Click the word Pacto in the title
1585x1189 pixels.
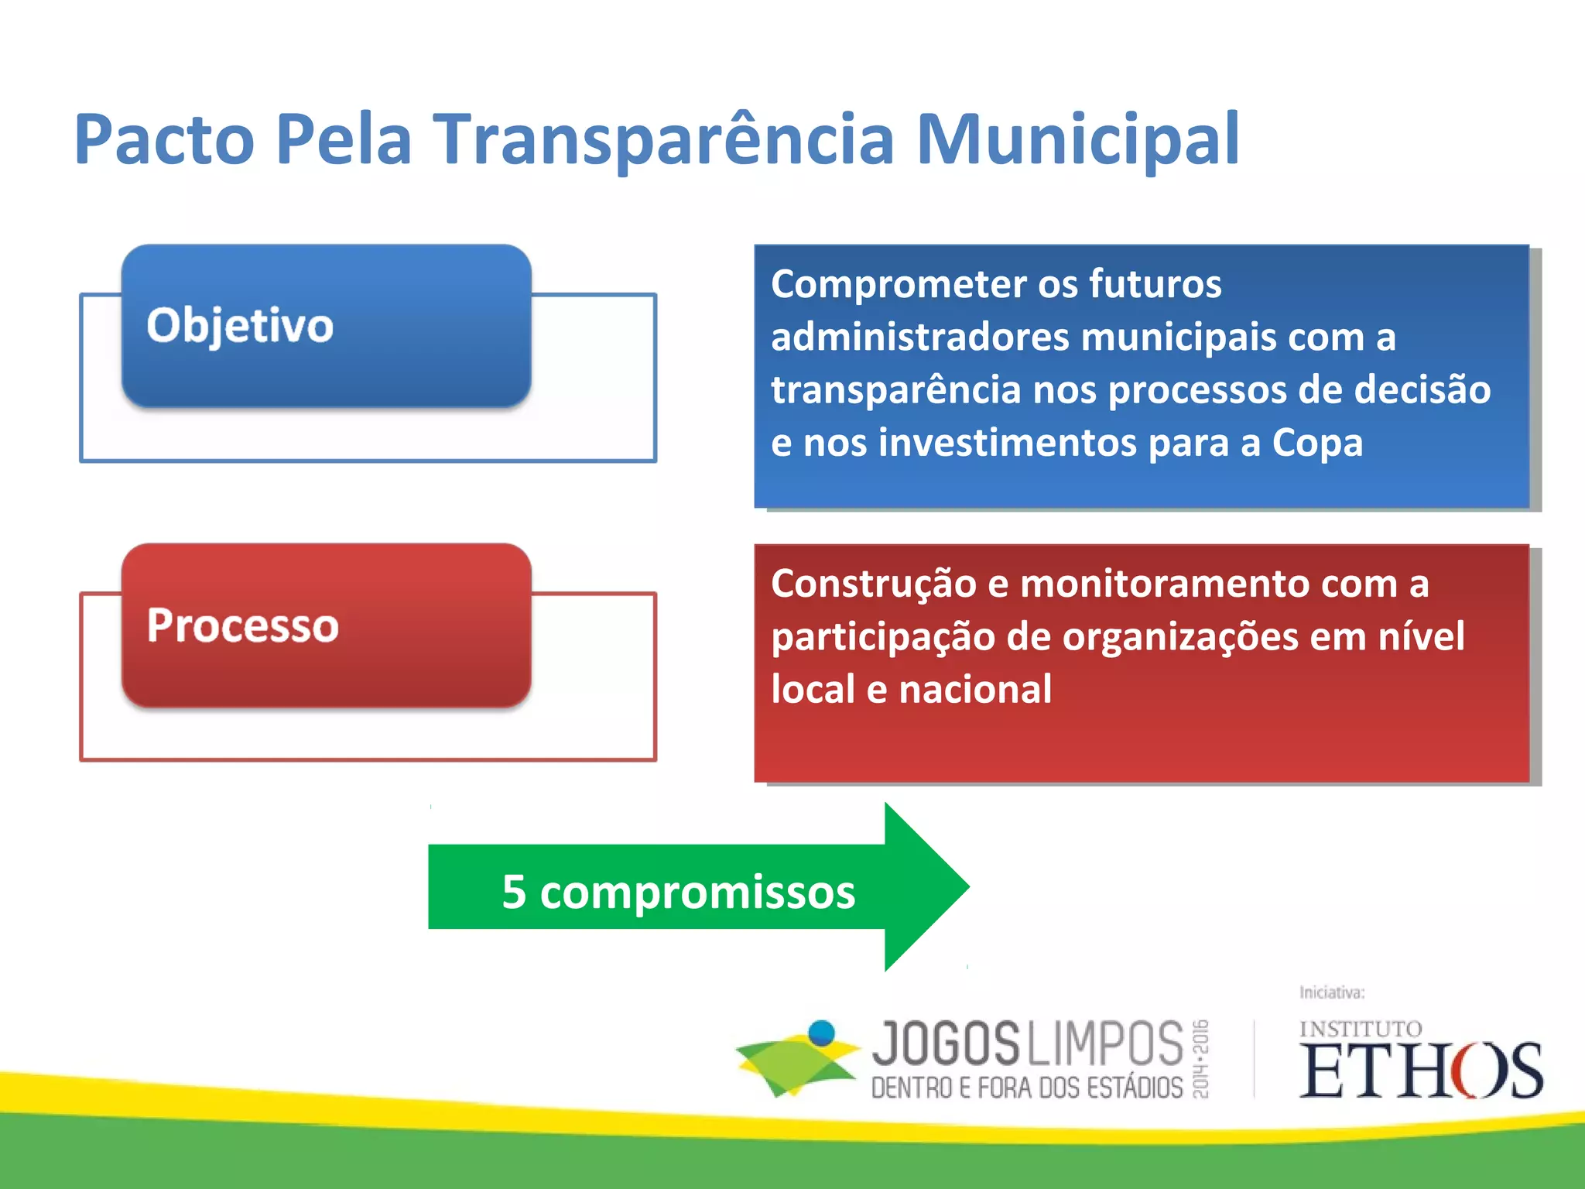tap(164, 139)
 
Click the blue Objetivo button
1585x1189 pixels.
tap(326, 326)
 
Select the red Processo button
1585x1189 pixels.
tap(326, 625)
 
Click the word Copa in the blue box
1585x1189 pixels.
tap(1317, 443)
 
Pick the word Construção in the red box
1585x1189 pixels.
tap(873, 584)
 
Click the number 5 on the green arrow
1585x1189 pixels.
tap(514, 891)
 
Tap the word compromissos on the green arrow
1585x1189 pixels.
tap(697, 893)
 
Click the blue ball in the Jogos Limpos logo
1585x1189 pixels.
tap(821, 1033)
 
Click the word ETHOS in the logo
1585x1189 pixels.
tap(1421, 1071)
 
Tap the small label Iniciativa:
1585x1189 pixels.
tap(1331, 992)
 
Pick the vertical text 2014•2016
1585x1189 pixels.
tap(1200, 1059)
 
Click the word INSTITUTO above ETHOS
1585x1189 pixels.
tap(1361, 1029)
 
